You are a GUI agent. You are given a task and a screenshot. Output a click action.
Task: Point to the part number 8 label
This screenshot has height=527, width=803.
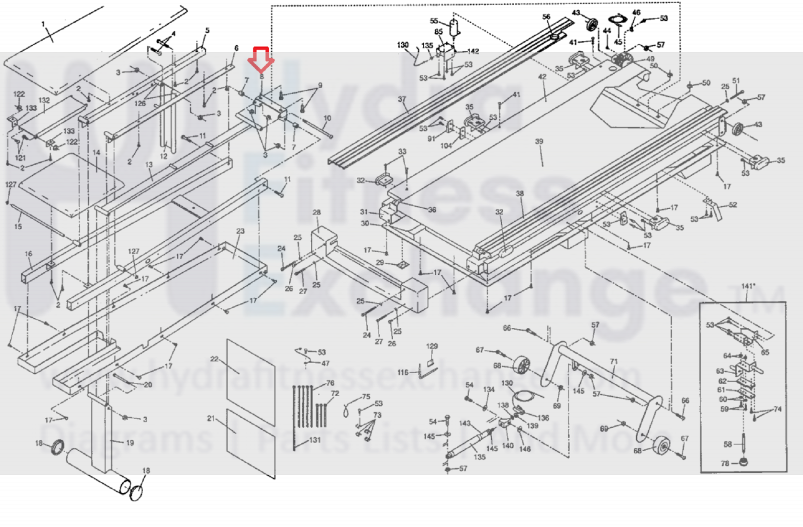click(x=261, y=77)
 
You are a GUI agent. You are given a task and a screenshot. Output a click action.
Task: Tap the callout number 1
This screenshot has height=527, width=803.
click(x=43, y=24)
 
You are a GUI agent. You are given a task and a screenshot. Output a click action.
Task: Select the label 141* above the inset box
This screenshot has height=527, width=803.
click(x=748, y=286)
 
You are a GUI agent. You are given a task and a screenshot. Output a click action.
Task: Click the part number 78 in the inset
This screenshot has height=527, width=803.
click(x=725, y=463)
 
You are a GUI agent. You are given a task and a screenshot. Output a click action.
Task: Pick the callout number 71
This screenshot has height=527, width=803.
click(x=614, y=361)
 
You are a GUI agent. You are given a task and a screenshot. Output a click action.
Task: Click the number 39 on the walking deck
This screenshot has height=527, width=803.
click(x=539, y=141)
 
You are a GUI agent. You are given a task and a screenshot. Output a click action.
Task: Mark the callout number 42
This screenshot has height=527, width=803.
click(x=542, y=77)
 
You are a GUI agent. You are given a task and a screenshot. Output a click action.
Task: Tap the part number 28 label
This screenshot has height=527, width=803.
click(x=316, y=212)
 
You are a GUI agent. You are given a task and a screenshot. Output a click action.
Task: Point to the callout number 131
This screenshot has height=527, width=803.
click(x=314, y=440)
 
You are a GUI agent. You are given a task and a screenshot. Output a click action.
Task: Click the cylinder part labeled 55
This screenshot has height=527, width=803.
click(x=455, y=28)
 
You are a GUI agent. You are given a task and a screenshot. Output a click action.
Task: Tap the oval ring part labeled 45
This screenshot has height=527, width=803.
click(x=618, y=20)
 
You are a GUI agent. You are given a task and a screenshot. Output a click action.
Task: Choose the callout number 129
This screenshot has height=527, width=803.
click(x=431, y=346)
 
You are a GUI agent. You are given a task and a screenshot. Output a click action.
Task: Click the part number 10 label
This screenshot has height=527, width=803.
click(x=327, y=118)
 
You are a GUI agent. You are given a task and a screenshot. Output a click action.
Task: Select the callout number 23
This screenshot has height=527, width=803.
click(x=240, y=231)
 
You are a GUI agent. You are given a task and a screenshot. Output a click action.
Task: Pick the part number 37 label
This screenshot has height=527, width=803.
click(x=402, y=99)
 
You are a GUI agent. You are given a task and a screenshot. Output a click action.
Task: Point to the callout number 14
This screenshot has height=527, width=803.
click(x=96, y=152)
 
